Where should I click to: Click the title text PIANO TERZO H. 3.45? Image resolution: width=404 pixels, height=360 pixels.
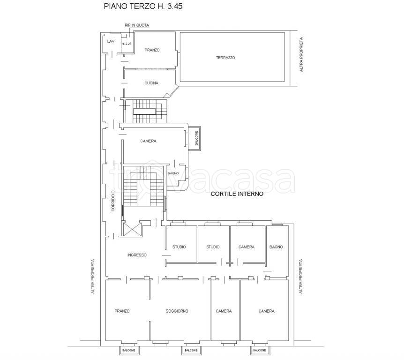143,6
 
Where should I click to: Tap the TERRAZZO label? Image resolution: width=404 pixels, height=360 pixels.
225,58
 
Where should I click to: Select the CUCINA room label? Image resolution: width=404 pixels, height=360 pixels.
151,83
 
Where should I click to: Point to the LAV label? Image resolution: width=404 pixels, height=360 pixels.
111,41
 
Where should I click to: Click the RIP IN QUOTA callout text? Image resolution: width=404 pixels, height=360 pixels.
137,25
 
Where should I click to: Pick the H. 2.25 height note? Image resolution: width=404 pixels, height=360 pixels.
127,44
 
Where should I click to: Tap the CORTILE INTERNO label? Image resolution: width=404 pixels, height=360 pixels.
237,194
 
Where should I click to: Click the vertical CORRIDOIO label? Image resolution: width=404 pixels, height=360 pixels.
113,201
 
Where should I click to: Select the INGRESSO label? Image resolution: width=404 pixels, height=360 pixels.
137,255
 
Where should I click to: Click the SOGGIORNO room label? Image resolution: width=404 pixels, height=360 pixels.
177,311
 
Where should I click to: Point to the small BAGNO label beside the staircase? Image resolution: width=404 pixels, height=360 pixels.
173,173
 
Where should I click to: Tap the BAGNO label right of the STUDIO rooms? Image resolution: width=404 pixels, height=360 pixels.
276,247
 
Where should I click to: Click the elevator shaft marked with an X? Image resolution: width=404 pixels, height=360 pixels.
133,229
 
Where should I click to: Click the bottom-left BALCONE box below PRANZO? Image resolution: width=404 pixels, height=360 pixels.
128,350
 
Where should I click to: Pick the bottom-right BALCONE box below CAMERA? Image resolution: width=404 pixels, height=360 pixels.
260,350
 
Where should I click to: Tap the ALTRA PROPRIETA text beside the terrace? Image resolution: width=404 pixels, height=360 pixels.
301,55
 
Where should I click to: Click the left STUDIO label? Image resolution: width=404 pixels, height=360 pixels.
179,247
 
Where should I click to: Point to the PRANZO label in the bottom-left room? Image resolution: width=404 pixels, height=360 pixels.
122,311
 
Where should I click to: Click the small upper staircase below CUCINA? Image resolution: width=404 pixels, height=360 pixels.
146,111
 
